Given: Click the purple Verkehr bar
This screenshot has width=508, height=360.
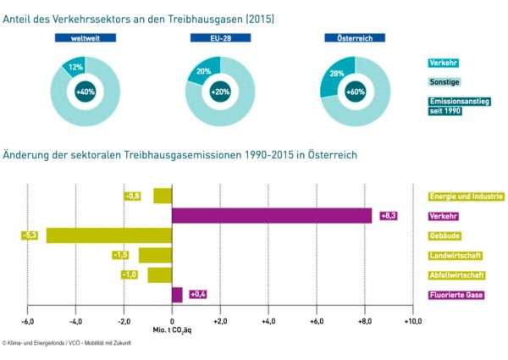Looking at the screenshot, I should (272, 216).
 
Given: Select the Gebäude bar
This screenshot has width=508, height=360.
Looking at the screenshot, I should (108, 235).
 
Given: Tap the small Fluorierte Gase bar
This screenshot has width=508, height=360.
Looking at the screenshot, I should (177, 295).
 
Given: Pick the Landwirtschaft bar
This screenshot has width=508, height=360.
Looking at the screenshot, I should (155, 255).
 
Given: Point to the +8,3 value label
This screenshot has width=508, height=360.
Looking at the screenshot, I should (389, 216).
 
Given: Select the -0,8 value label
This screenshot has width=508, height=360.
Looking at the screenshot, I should (133, 196).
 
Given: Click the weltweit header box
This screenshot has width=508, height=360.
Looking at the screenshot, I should (85, 38).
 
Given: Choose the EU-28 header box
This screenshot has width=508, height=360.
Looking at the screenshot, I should (220, 38).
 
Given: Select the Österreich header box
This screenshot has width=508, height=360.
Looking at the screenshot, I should (355, 38).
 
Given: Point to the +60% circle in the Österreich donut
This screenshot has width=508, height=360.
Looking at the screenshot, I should (355, 91).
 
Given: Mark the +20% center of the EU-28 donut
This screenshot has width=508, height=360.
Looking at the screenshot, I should (220, 91).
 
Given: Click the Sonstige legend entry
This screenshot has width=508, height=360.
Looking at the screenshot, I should (444, 82).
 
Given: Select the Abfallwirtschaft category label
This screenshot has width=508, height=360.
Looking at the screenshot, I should (457, 275).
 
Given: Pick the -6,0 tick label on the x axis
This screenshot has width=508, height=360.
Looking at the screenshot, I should (27, 322).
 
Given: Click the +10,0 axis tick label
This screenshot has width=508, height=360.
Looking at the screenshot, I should (412, 322).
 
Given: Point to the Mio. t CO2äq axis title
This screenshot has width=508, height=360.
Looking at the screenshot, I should (173, 331).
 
